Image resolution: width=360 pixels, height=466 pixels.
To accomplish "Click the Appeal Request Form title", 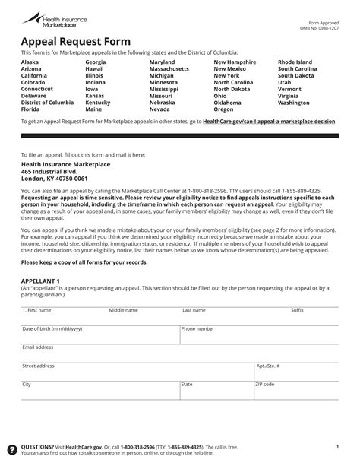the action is [x=65, y=41].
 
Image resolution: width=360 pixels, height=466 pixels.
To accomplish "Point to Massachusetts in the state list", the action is [x=169, y=69].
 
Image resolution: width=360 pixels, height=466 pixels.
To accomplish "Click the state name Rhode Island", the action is [x=296, y=62].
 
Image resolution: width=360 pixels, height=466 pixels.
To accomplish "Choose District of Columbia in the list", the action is [x=47, y=103].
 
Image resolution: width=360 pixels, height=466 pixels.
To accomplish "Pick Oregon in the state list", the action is [x=224, y=109].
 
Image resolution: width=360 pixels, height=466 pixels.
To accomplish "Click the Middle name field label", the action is [x=123, y=310].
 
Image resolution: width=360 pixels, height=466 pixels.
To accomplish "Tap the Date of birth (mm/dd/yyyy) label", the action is [x=52, y=328].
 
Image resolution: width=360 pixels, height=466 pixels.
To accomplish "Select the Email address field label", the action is [x=38, y=347].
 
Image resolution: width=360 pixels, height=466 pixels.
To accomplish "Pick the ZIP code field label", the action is [x=265, y=384].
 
